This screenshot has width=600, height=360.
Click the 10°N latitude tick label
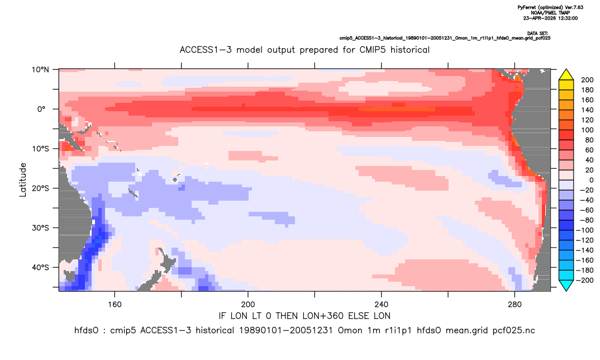[x=40, y=70]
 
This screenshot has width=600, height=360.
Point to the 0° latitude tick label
[x=41, y=109]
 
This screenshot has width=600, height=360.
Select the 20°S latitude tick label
[x=40, y=188]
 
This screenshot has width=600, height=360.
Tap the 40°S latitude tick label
[x=40, y=267]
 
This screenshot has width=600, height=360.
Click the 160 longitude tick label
[x=115, y=305]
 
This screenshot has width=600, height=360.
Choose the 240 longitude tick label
[x=381, y=305]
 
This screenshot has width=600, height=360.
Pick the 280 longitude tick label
[x=515, y=305]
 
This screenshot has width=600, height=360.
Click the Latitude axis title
[x=23, y=180]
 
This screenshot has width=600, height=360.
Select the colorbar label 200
[x=587, y=80]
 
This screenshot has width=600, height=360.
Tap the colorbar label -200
[x=585, y=280]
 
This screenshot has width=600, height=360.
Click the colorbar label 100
[x=587, y=130]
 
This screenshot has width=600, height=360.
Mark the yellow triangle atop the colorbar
[x=566, y=75]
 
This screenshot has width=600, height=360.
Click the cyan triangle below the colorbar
[x=566, y=285]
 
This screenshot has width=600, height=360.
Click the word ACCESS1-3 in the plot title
[x=206, y=50]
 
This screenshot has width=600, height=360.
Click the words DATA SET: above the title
[x=537, y=34]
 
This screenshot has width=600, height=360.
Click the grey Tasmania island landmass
[x=70, y=276]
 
